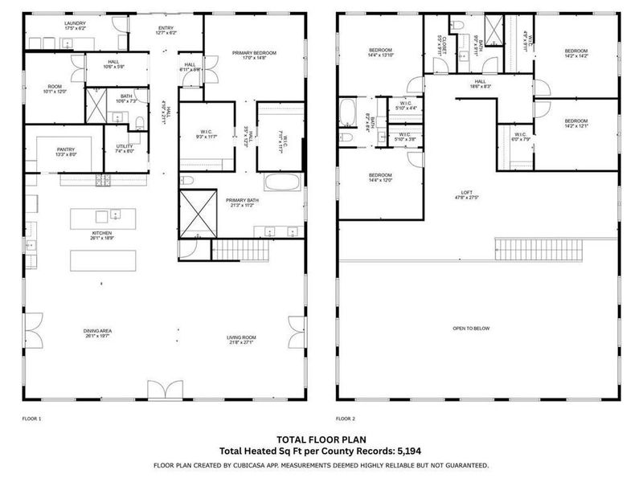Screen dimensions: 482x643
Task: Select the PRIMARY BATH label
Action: (241, 202)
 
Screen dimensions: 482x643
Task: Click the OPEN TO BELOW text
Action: (472, 329)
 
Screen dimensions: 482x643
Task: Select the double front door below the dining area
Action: (160, 391)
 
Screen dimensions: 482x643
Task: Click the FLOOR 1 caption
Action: (31, 419)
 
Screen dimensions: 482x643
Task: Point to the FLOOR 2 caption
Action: (346, 419)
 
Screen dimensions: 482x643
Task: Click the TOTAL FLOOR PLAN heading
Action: (321, 439)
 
